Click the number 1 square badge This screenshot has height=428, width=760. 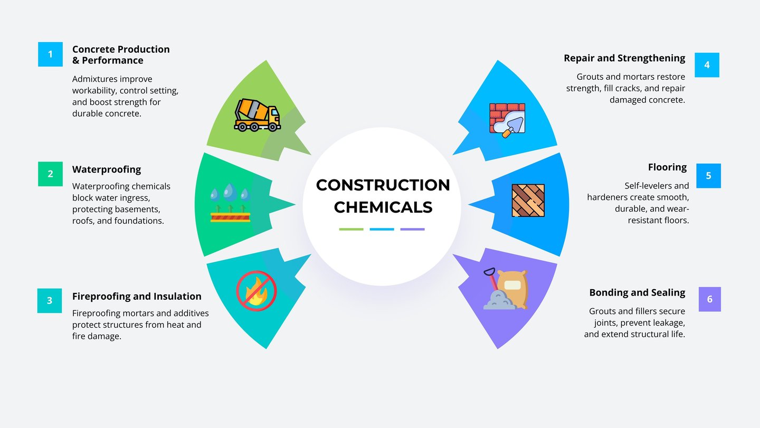pyautogui.click(x=50, y=54)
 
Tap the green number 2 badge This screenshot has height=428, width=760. pyautogui.click(x=50, y=174)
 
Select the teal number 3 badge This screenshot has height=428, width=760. pyautogui.click(x=50, y=300)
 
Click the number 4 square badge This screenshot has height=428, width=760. pyautogui.click(x=707, y=65)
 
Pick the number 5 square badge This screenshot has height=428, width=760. pyautogui.click(x=708, y=176)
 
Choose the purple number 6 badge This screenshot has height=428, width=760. pyautogui.click(x=709, y=299)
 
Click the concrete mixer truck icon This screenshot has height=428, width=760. pyautogui.click(x=257, y=115)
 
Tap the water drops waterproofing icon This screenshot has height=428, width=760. pyautogui.click(x=230, y=203)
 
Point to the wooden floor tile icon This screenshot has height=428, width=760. pyautogui.click(x=528, y=201)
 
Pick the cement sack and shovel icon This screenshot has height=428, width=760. pyautogui.click(x=506, y=289)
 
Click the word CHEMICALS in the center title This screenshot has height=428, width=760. pyautogui.click(x=383, y=207)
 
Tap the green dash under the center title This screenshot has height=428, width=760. pyautogui.click(x=351, y=229)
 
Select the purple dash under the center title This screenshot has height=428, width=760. pyautogui.click(x=412, y=229)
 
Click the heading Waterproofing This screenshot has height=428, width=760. pyautogui.click(x=107, y=169)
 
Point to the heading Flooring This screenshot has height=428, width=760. pyautogui.click(x=667, y=167)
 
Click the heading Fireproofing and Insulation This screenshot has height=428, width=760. pyautogui.click(x=137, y=296)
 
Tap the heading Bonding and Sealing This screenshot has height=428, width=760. pyautogui.click(x=637, y=292)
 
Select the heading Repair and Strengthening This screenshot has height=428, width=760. pyautogui.click(x=624, y=58)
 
